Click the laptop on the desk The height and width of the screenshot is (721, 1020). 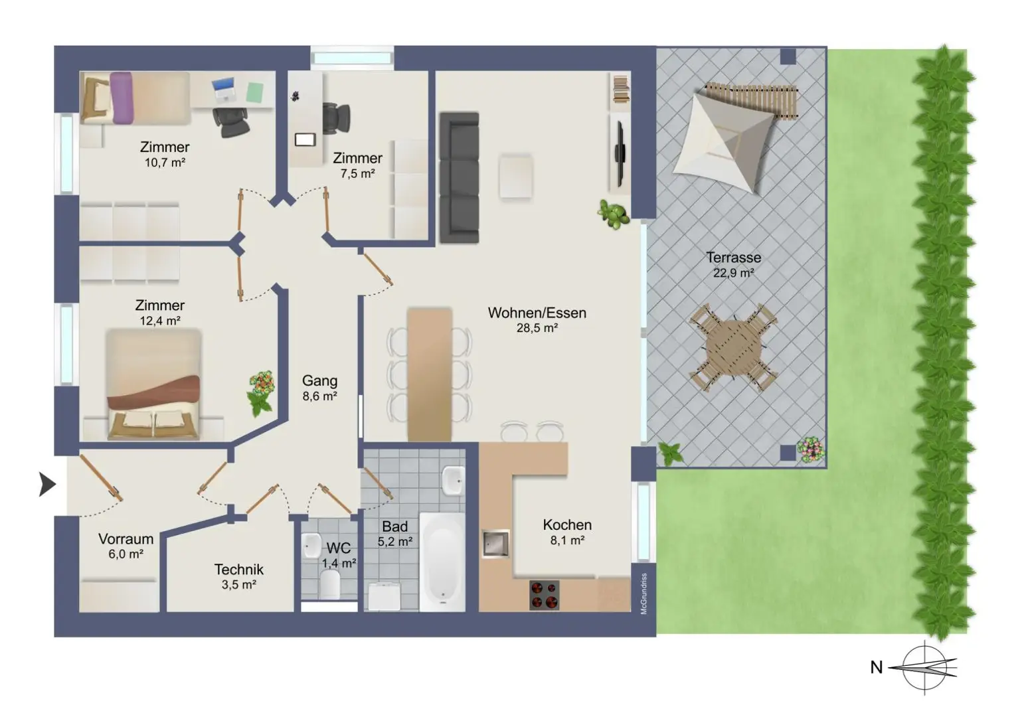point(224,89)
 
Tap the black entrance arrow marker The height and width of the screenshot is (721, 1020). point(47,484)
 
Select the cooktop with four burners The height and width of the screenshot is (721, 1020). point(544,595)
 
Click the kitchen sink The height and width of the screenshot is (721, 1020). point(495,544)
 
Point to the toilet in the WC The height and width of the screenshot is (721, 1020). point(330,584)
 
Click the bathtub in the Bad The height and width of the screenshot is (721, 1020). point(442,562)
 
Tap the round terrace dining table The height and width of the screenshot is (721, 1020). point(734,348)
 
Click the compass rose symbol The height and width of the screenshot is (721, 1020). point(924,668)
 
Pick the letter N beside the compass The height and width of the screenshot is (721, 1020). point(876,667)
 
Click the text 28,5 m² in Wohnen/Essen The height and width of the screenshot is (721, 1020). point(537,328)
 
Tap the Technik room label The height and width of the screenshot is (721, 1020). point(239,570)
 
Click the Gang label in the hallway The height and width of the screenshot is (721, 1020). point(319,380)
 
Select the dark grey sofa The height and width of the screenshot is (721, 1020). point(459,178)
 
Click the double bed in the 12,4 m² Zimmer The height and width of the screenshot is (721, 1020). point(153,384)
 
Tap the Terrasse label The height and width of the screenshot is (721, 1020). point(734,258)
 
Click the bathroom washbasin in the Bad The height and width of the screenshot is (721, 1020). point(453,480)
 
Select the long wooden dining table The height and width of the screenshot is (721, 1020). point(430,375)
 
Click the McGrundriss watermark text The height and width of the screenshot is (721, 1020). point(644,594)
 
